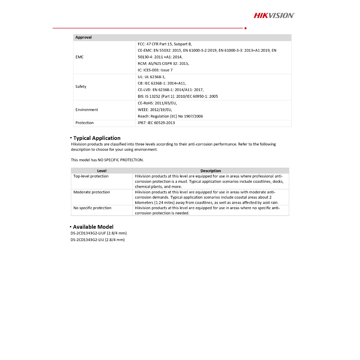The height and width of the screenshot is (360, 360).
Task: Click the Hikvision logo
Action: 274,15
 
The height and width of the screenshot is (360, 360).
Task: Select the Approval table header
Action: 84,37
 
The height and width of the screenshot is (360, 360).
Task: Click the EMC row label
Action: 79,57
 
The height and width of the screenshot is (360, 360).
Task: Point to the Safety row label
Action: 81,86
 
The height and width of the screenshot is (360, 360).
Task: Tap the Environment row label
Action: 87,110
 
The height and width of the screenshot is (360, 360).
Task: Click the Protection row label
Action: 85,123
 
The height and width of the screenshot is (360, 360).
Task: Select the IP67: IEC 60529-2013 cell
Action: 156,123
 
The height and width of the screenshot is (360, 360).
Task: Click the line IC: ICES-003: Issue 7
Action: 155,70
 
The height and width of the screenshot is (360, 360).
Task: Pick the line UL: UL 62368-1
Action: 152,77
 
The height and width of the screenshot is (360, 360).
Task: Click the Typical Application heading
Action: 97,138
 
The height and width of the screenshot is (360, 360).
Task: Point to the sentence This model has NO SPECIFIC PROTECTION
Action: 107,160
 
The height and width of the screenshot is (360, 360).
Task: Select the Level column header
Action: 102,171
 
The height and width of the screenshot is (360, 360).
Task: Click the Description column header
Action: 211,171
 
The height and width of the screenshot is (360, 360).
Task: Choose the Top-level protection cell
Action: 91,176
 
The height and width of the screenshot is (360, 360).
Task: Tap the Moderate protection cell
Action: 92,192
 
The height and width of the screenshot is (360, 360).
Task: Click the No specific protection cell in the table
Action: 92,208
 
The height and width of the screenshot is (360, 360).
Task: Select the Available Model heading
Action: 93,227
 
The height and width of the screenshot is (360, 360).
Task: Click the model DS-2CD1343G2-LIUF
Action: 98,233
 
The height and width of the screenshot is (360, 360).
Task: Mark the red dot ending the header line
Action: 245,28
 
